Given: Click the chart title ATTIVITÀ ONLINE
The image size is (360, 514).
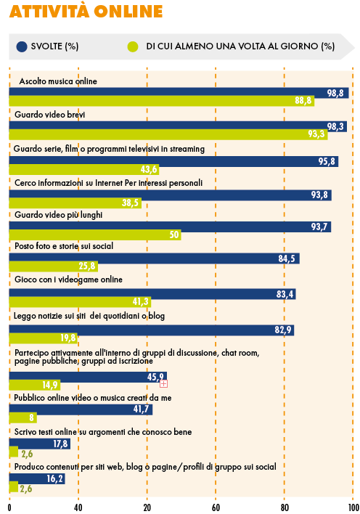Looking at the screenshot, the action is click(x=86, y=11).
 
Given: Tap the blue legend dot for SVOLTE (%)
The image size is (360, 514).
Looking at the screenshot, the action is click(x=22, y=46).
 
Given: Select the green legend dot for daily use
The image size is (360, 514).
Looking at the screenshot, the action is click(x=133, y=46).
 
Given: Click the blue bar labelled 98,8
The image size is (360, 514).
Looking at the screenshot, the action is click(x=179, y=93).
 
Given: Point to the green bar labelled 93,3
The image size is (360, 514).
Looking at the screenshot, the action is click(x=168, y=134).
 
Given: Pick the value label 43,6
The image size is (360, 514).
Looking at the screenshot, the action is click(x=149, y=169).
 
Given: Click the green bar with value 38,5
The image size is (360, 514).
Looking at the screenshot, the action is click(x=75, y=203).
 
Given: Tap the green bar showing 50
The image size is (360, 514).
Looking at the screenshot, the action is click(x=95, y=234).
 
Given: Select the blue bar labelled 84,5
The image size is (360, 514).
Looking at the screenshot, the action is click(x=154, y=258).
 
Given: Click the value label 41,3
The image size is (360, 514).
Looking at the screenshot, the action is click(x=140, y=301).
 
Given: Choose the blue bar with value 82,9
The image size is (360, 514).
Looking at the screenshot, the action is click(x=152, y=330).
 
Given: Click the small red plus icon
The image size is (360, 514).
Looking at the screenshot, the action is click(x=163, y=383).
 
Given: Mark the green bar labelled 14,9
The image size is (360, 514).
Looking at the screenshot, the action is click(x=34, y=385).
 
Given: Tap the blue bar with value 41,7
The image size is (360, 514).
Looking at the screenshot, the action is click(x=81, y=409).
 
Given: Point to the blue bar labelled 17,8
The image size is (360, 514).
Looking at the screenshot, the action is click(x=40, y=444).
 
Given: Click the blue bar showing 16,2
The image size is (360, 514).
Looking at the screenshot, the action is click(x=37, y=478).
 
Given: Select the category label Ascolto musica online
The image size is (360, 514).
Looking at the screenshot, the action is click(x=58, y=81).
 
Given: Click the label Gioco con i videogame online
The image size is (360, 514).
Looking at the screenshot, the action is click(x=68, y=280).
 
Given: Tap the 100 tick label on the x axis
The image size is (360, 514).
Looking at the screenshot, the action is click(x=353, y=507).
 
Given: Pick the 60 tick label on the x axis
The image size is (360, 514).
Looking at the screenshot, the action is click(x=216, y=507).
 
